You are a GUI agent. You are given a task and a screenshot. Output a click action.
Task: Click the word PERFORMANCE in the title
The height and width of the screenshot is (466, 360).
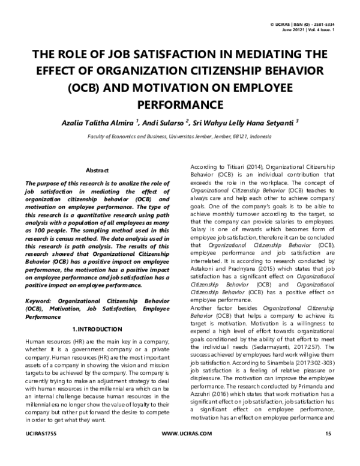179,104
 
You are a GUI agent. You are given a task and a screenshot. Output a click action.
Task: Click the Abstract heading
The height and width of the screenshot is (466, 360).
97,171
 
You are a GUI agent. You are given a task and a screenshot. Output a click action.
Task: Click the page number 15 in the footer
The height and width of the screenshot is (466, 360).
328,450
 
